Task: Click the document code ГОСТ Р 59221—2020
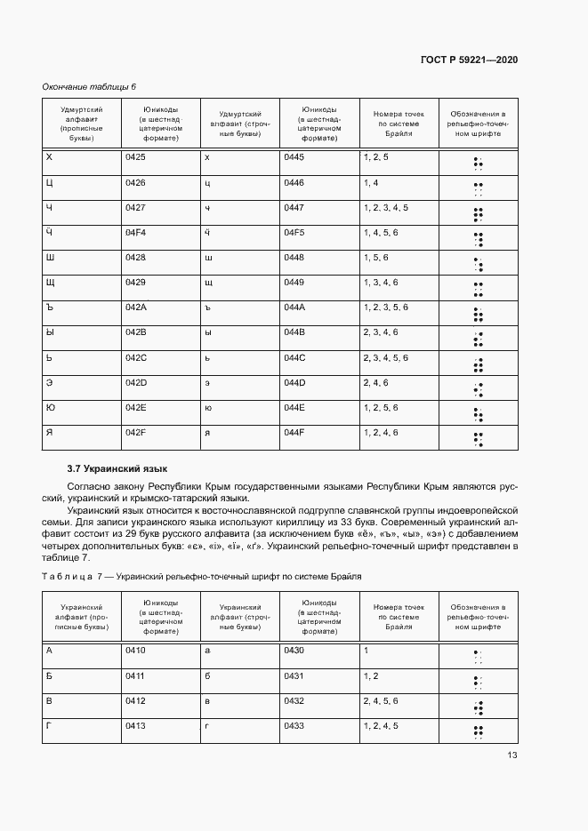tap(469, 60)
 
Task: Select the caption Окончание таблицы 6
tap(89, 86)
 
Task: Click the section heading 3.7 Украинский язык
tap(117, 467)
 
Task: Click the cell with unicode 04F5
tap(294, 232)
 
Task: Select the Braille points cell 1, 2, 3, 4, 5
tap(385, 207)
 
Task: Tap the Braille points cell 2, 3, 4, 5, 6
tap(385, 357)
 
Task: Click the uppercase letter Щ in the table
tap(51, 282)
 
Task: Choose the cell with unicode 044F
tap(294, 432)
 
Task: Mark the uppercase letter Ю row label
tap(51, 407)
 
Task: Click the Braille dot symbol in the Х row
tap(478, 163)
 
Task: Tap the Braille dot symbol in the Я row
tap(478, 437)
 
